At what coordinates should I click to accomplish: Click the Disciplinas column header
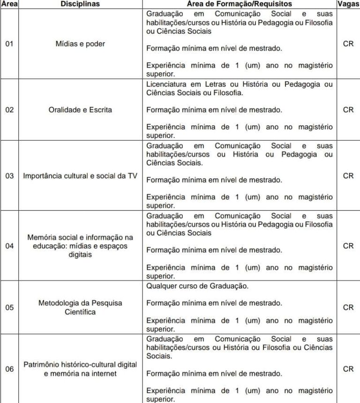click(80, 4)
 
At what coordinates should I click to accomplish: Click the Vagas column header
click(348, 4)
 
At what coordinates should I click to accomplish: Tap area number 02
click(9, 110)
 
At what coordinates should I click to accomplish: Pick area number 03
click(9, 176)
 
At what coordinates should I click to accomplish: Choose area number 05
click(9, 308)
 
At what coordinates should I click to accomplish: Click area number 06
click(9, 369)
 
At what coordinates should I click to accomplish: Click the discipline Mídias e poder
click(80, 44)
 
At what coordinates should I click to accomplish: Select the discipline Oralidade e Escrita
click(80, 110)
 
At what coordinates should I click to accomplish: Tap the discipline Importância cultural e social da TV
click(80, 176)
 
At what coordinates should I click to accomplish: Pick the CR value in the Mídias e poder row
click(348, 44)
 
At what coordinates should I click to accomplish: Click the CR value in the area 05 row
click(348, 307)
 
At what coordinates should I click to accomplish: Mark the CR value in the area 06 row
click(348, 369)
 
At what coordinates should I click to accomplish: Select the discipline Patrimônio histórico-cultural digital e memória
click(80, 369)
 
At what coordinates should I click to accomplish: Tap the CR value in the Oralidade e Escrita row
click(348, 109)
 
